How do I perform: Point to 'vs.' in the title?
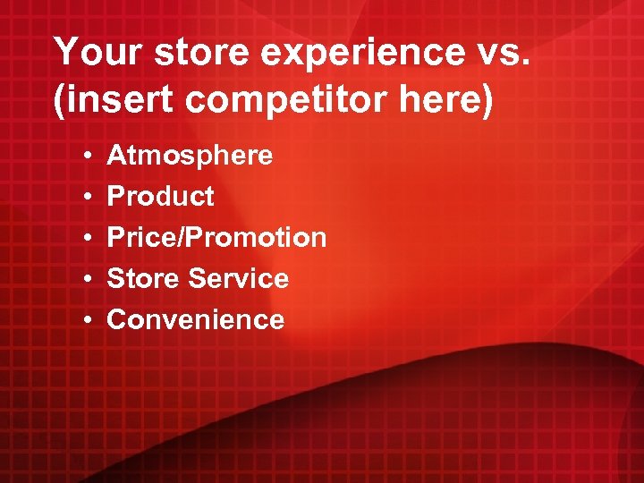pos(505,53)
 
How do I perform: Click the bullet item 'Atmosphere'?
pos(190,156)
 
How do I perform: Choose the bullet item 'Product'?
pos(160,197)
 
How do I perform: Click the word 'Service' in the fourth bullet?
pos(239,279)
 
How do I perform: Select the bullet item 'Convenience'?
pos(195,320)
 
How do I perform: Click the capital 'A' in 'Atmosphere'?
pos(116,156)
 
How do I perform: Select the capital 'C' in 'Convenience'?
pos(117,320)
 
